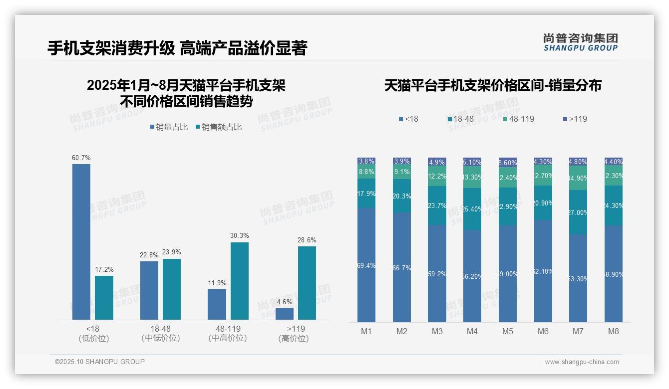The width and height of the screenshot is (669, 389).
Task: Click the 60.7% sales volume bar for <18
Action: point(81,242)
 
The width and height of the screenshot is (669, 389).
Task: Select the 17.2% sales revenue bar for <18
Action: point(104,298)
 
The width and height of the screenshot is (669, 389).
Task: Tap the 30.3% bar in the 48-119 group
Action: point(239,281)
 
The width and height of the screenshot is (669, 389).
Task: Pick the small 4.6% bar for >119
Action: point(285,314)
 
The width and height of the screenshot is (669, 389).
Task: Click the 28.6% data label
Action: point(307,240)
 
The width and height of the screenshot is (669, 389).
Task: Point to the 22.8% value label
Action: point(149,255)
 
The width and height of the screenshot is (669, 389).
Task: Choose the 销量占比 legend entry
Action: point(169,127)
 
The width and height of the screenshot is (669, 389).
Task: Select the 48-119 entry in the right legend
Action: point(521,119)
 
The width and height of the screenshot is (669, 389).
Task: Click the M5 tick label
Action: point(508,331)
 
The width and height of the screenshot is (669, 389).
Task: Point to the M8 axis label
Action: point(614,331)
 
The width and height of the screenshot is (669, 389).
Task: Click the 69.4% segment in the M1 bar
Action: point(366,265)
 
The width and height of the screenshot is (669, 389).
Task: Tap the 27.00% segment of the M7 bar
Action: point(578,212)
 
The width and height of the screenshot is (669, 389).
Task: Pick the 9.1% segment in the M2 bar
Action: point(401,172)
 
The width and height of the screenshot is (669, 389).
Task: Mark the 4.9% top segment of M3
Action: point(437,162)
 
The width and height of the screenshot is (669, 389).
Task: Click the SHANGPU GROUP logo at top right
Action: point(580,42)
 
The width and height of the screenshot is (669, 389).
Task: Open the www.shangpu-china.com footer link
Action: point(582,362)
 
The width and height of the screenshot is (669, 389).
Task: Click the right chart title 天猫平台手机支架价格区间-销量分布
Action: point(492,85)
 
